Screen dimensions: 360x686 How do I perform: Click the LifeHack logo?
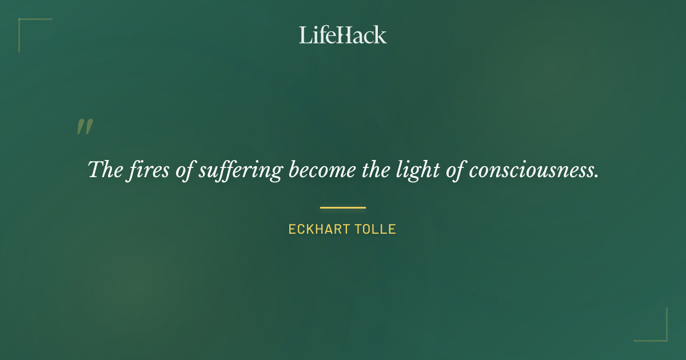click(342, 35)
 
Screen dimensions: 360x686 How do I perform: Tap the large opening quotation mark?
click(85, 127)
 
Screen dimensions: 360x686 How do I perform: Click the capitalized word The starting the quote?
click(102, 170)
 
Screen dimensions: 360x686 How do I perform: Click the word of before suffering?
click(185, 170)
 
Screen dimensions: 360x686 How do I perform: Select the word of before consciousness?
click(454, 170)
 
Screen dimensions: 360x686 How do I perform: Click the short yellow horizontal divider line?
click(342, 207)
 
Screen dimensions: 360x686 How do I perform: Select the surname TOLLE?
click(374, 230)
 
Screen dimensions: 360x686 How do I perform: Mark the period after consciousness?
click(596, 176)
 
